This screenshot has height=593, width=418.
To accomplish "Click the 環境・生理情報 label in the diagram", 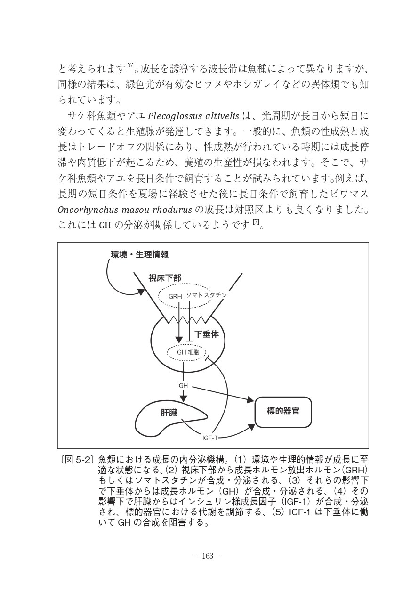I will tap(139, 255).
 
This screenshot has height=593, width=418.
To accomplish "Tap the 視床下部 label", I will tap(165, 278).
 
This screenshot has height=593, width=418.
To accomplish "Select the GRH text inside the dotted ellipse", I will tap(175, 296).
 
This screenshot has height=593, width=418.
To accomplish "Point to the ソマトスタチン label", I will tap(206, 295).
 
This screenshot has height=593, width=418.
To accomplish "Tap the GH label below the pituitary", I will tap(184, 385).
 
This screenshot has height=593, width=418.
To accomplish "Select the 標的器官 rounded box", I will tap(282, 411).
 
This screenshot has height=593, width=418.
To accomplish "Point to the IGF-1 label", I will tap(209, 438).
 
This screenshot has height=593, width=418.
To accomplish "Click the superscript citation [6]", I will tap(130, 65).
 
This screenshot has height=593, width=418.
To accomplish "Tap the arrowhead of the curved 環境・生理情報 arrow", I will tap(141, 292).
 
